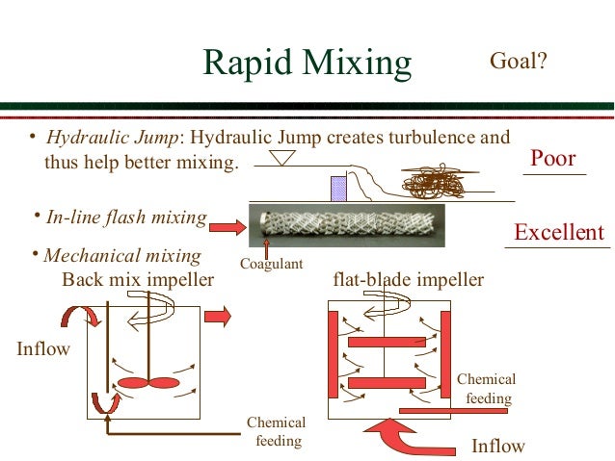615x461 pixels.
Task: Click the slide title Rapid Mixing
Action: tap(307, 64)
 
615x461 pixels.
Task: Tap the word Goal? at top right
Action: tap(519, 62)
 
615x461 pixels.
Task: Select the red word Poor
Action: tap(553, 159)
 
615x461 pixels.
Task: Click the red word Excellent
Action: tap(558, 233)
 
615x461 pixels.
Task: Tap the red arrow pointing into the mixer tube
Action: tap(229, 226)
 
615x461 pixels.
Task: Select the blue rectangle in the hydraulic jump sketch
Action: tap(338, 188)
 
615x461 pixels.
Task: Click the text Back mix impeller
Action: tap(137, 280)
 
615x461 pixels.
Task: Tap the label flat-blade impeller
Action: tap(408, 280)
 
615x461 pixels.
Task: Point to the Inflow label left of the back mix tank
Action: tap(43, 348)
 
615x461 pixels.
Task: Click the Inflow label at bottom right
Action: tap(497, 446)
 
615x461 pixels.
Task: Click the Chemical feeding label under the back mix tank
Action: tap(276, 432)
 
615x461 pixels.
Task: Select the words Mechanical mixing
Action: tap(122, 257)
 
